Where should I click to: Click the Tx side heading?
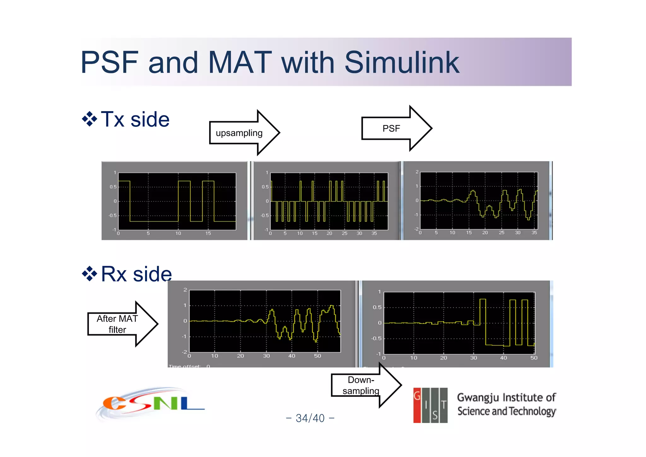point(135,119)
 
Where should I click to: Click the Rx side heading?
point(136,274)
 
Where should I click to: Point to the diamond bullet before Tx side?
point(90,119)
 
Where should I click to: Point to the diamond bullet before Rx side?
point(90,274)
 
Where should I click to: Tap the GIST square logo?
point(430,405)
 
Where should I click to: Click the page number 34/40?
point(310,418)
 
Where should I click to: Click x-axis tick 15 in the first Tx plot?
point(208,233)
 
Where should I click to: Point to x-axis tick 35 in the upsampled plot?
point(374,233)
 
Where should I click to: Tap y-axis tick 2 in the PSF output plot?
point(417,172)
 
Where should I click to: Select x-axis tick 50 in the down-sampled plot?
point(534,358)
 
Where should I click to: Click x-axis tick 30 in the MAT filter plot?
point(266,356)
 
